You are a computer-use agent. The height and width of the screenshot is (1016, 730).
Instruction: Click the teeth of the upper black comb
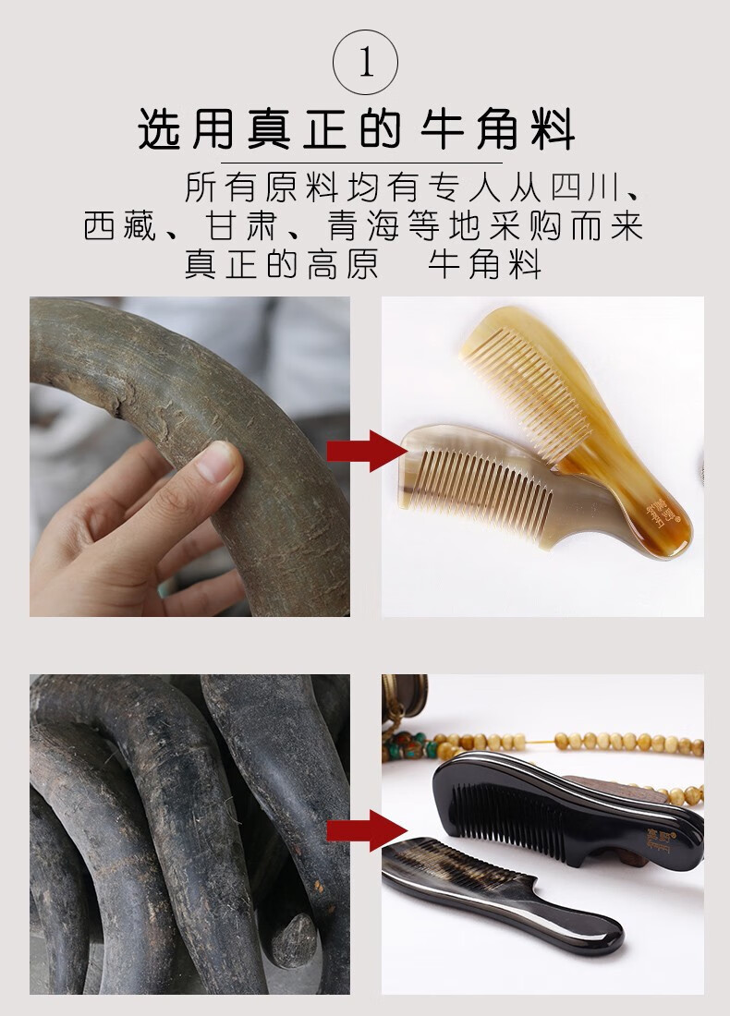coord(517,813)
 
